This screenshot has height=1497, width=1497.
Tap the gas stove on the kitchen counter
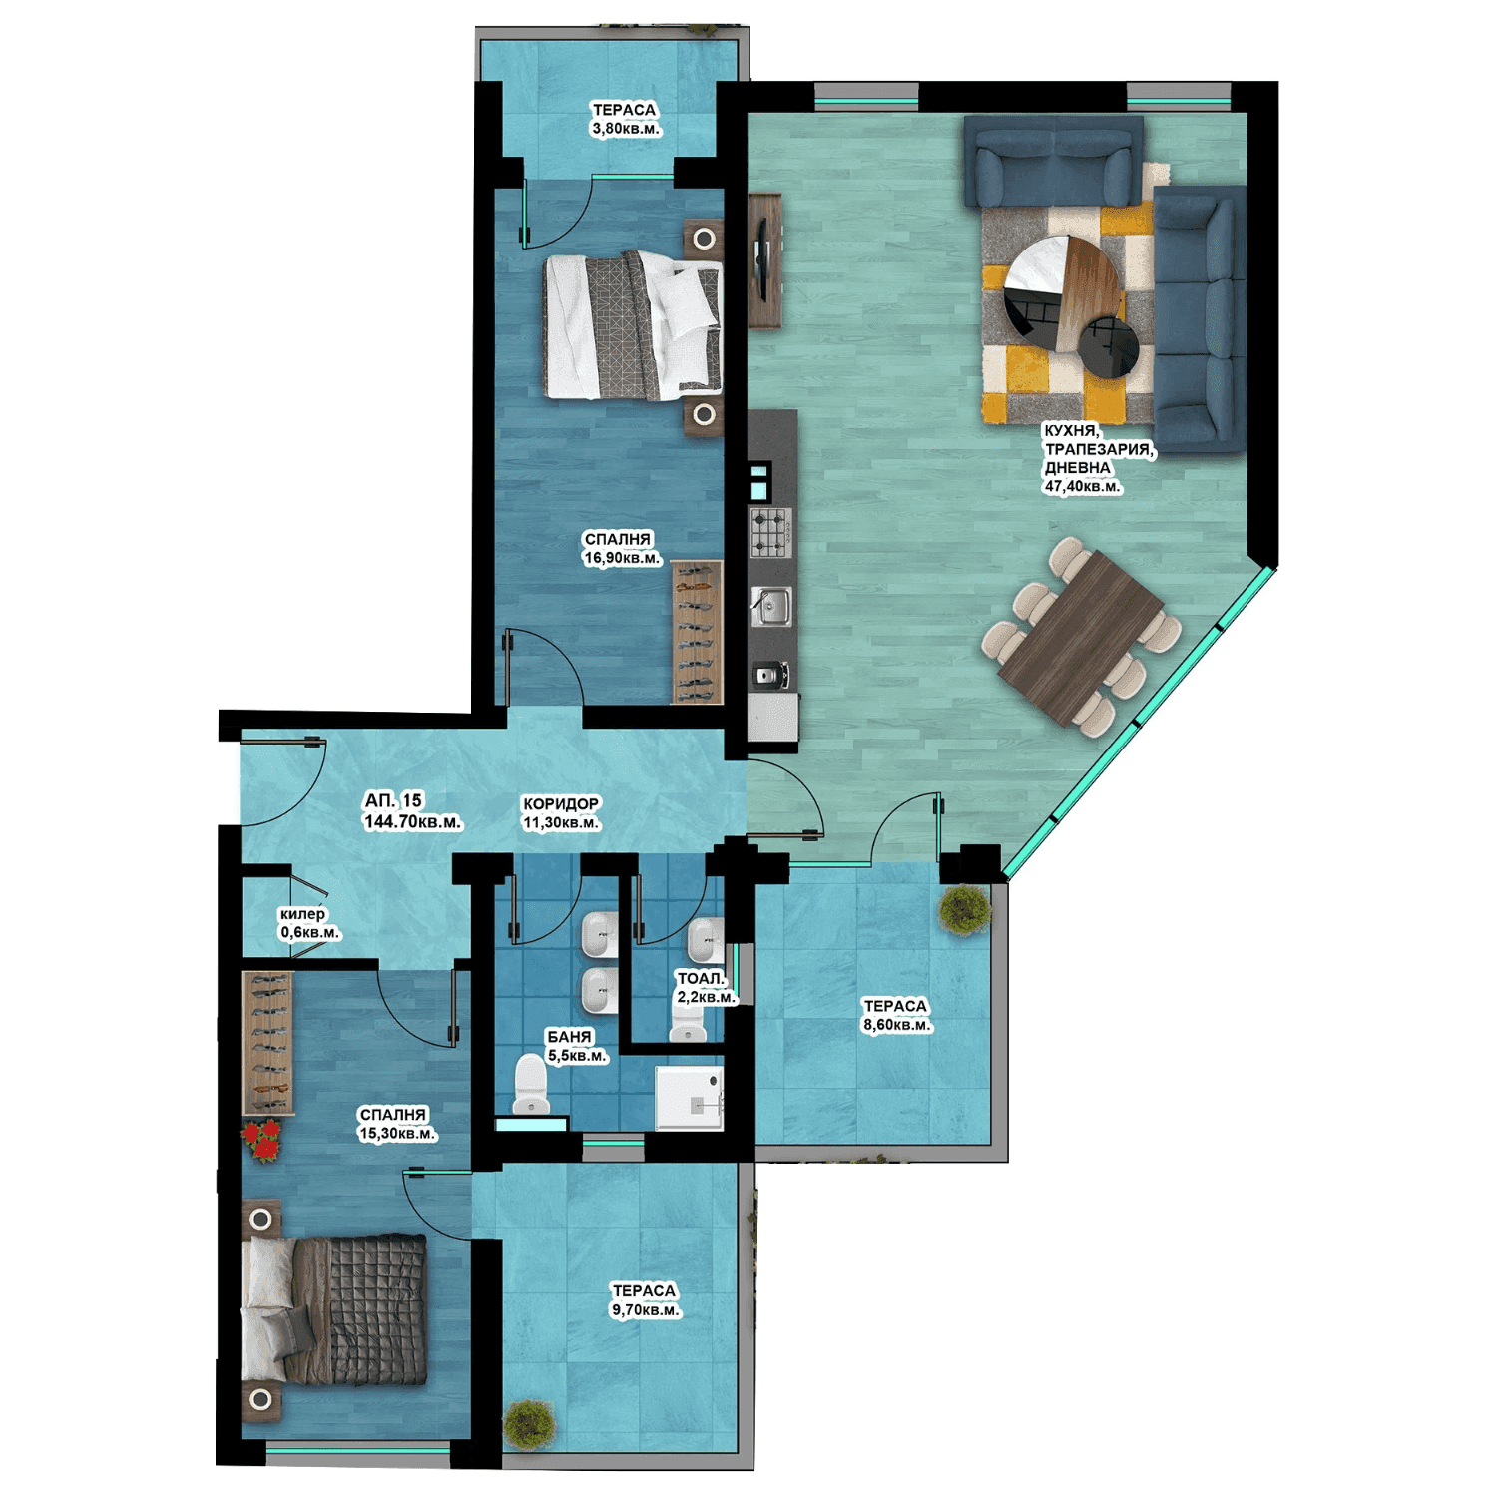pyautogui.click(x=770, y=533)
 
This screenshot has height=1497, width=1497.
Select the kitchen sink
pyautogui.click(x=770, y=606)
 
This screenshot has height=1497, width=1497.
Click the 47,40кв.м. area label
pyautogui.click(x=1083, y=487)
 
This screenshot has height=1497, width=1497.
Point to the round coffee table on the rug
pyautogui.click(x=1063, y=291)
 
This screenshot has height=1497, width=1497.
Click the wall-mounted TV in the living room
pyautogui.click(x=760, y=258)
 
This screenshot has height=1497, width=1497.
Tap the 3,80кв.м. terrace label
pyautogui.click(x=626, y=129)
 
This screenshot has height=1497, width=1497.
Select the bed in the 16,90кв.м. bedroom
pyautogui.click(x=633, y=325)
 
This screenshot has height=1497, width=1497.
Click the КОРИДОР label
pyautogui.click(x=561, y=803)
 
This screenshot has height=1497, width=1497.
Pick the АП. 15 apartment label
pyautogui.click(x=393, y=800)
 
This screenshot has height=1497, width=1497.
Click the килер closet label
pyautogui.click(x=302, y=914)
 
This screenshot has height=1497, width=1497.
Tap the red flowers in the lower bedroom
pyautogui.click(x=264, y=1141)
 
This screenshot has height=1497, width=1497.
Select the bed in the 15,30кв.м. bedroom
pyautogui.click(x=334, y=1309)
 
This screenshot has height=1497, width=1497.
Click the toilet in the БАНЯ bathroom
pyautogui.click(x=531, y=1084)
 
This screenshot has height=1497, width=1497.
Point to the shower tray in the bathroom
pyautogui.click(x=689, y=1098)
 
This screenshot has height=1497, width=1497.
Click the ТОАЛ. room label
pyautogui.click(x=701, y=979)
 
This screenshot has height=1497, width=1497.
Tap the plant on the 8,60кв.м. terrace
pyautogui.click(x=964, y=909)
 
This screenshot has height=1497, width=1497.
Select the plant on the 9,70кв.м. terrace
pyautogui.click(x=529, y=1424)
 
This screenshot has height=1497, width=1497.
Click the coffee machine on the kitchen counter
pyautogui.click(x=772, y=676)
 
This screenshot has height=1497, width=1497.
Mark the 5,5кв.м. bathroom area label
pyautogui.click(x=577, y=1056)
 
